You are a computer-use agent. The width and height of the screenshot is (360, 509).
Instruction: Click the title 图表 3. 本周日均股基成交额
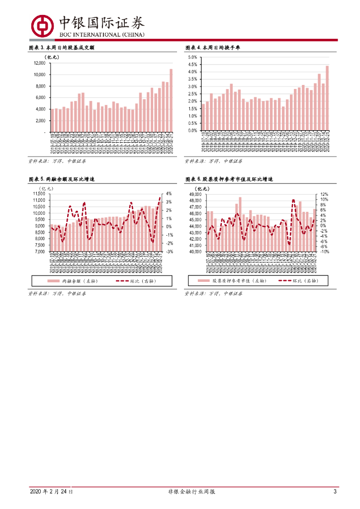pyautogui.click(x=61, y=48)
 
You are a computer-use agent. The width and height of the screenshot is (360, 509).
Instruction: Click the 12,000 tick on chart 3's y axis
pyautogui.click(x=40, y=63)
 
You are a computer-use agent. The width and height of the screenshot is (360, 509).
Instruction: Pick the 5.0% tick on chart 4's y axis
pyautogui.click(x=192, y=58)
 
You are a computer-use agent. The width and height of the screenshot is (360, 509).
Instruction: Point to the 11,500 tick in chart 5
pyautogui.click(x=38, y=194)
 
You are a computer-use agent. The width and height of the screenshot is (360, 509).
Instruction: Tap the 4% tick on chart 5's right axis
pyautogui.click(x=169, y=194)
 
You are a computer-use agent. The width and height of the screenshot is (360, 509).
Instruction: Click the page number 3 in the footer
pyautogui.click(x=335, y=492)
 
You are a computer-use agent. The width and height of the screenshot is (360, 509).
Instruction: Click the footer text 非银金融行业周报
pyautogui.click(x=192, y=492)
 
